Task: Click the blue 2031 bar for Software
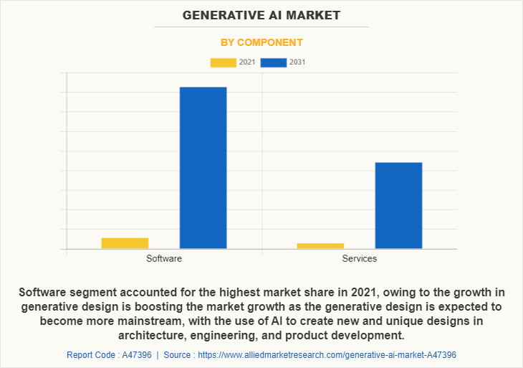[203, 168]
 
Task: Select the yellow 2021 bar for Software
[125, 243]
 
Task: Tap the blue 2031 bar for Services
[398, 205]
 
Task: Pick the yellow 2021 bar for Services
[320, 246]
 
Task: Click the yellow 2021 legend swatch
[223, 62]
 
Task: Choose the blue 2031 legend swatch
[274, 62]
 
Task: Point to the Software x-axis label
[164, 258]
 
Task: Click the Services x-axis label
[360, 258]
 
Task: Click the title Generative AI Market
[261, 14]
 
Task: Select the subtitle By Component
[261, 42]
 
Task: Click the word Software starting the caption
[44, 292]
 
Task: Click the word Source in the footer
[178, 354]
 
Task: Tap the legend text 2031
[297, 62]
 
